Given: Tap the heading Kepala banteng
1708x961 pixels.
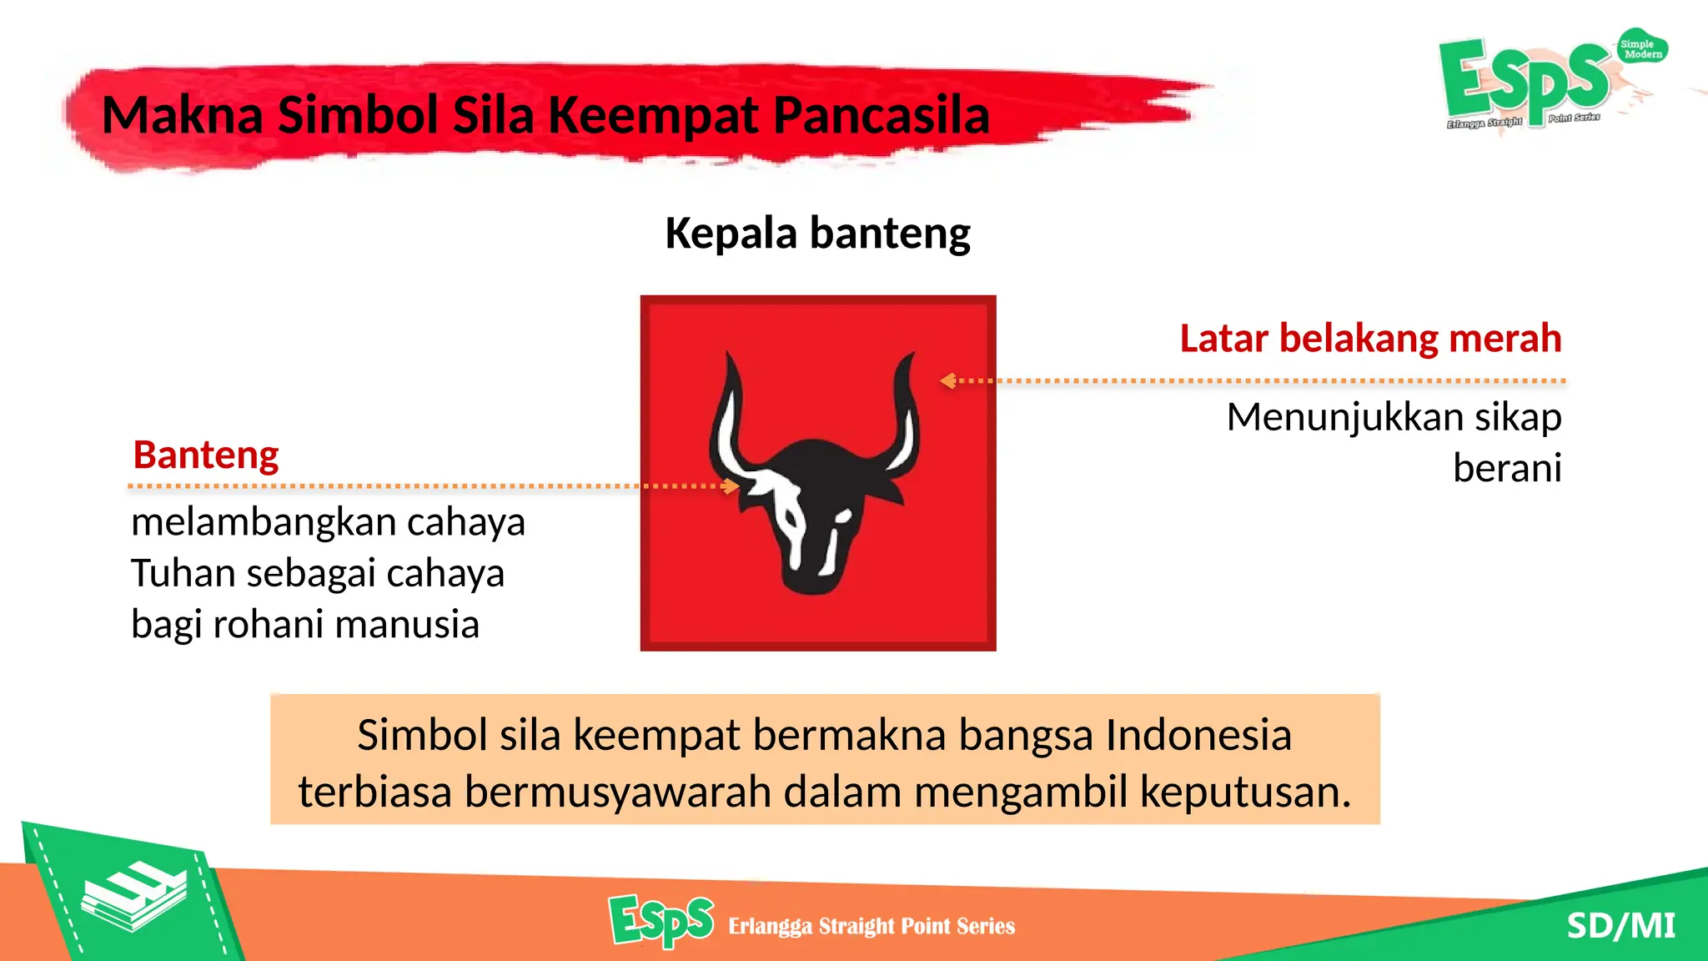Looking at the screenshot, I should (x=817, y=233).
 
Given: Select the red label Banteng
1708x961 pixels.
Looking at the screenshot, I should (x=206, y=455).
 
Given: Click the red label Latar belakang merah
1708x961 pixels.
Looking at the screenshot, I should (x=1370, y=339).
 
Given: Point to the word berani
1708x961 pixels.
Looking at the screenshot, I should (x=1506, y=468).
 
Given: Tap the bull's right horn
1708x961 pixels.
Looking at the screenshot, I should (x=905, y=417).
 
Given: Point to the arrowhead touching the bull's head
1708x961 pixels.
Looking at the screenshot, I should (x=731, y=486).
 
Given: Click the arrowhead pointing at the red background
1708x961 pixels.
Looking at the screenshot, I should (x=947, y=380).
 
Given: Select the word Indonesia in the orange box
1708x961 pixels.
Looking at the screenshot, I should (x=1198, y=736).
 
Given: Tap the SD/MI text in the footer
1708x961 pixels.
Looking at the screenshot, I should (x=1620, y=926).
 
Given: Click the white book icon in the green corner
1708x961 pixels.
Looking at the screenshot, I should (x=133, y=898).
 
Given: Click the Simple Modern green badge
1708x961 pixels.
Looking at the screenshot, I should (x=1642, y=48).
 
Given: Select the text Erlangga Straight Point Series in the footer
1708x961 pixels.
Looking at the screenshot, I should (x=872, y=926).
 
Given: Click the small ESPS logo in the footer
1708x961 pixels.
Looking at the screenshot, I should (x=661, y=921).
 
